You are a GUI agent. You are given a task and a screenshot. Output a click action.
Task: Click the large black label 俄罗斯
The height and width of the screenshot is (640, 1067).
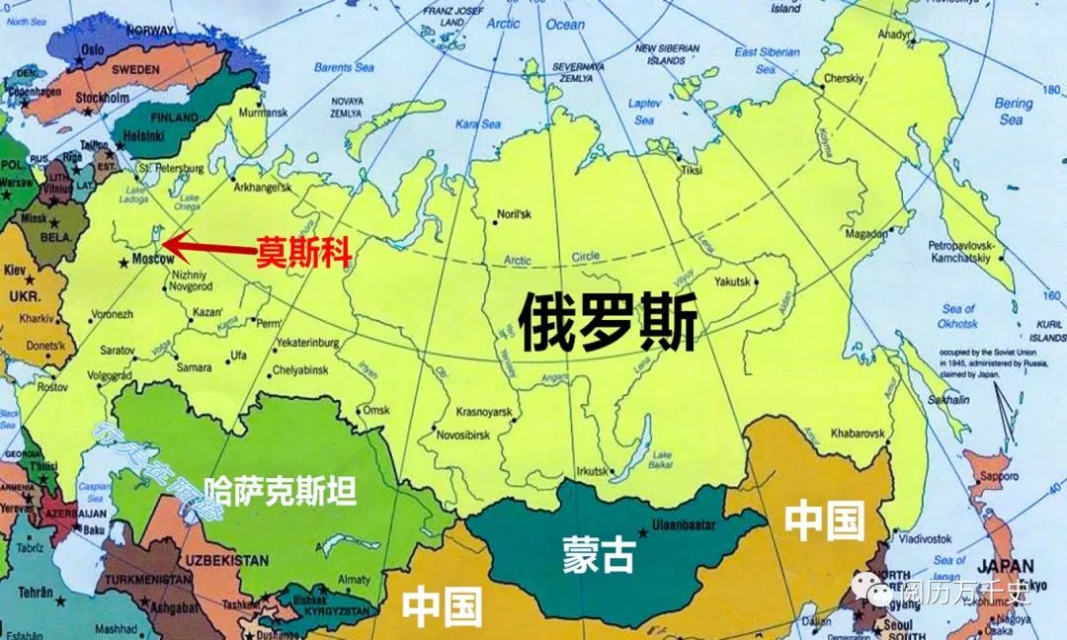click(609, 323)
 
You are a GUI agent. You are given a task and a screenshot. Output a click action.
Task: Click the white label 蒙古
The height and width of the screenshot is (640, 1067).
click(599, 555)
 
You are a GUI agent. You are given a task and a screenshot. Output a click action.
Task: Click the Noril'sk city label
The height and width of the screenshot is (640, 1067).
click(516, 214)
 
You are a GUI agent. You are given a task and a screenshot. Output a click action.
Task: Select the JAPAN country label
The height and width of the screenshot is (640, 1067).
click(1006, 568)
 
